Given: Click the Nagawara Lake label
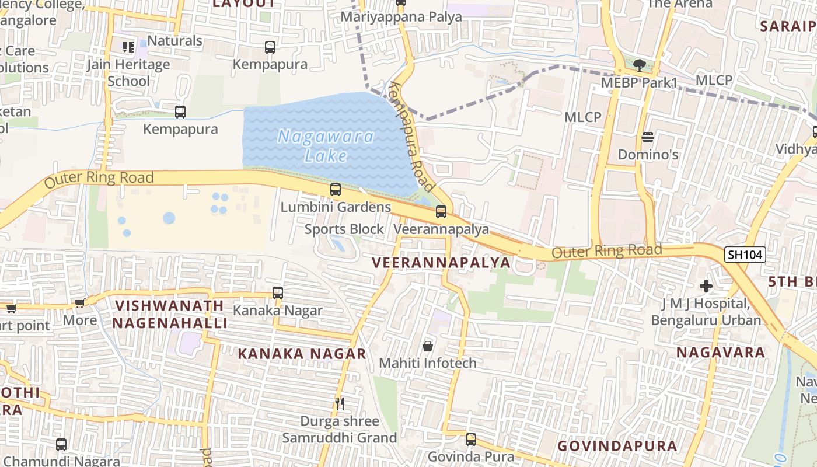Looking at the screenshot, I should pyautogui.click(x=326, y=146).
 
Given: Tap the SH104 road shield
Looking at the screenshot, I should pyautogui.click(x=745, y=255).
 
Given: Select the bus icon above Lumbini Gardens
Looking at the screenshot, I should pyautogui.click(x=335, y=190).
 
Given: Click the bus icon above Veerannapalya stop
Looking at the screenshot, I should pyautogui.click(x=441, y=212).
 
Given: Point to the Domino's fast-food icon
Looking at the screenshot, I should pyautogui.click(x=648, y=138).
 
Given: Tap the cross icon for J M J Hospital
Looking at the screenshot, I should pyautogui.click(x=706, y=286).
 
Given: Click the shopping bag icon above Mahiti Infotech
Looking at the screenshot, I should pyautogui.click(x=428, y=346).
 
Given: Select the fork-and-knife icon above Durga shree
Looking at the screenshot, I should pyautogui.click(x=339, y=403).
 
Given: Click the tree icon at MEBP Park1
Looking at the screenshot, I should pyautogui.click(x=639, y=65).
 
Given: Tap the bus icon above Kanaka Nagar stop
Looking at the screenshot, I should pyautogui.click(x=278, y=293).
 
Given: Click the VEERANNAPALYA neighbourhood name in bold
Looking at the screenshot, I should pyautogui.click(x=441, y=263).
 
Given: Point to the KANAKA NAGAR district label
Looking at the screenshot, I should pyautogui.click(x=302, y=354).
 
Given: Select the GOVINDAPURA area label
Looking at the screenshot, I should pyautogui.click(x=617, y=447).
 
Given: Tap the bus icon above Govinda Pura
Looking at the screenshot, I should pyautogui.click(x=470, y=439).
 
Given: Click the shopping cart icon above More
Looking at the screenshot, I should pyautogui.click(x=79, y=303).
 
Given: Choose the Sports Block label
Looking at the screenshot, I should pyautogui.click(x=344, y=229).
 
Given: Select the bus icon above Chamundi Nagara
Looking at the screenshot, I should pyautogui.click(x=61, y=445).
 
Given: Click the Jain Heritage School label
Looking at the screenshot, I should pyautogui.click(x=128, y=72).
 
